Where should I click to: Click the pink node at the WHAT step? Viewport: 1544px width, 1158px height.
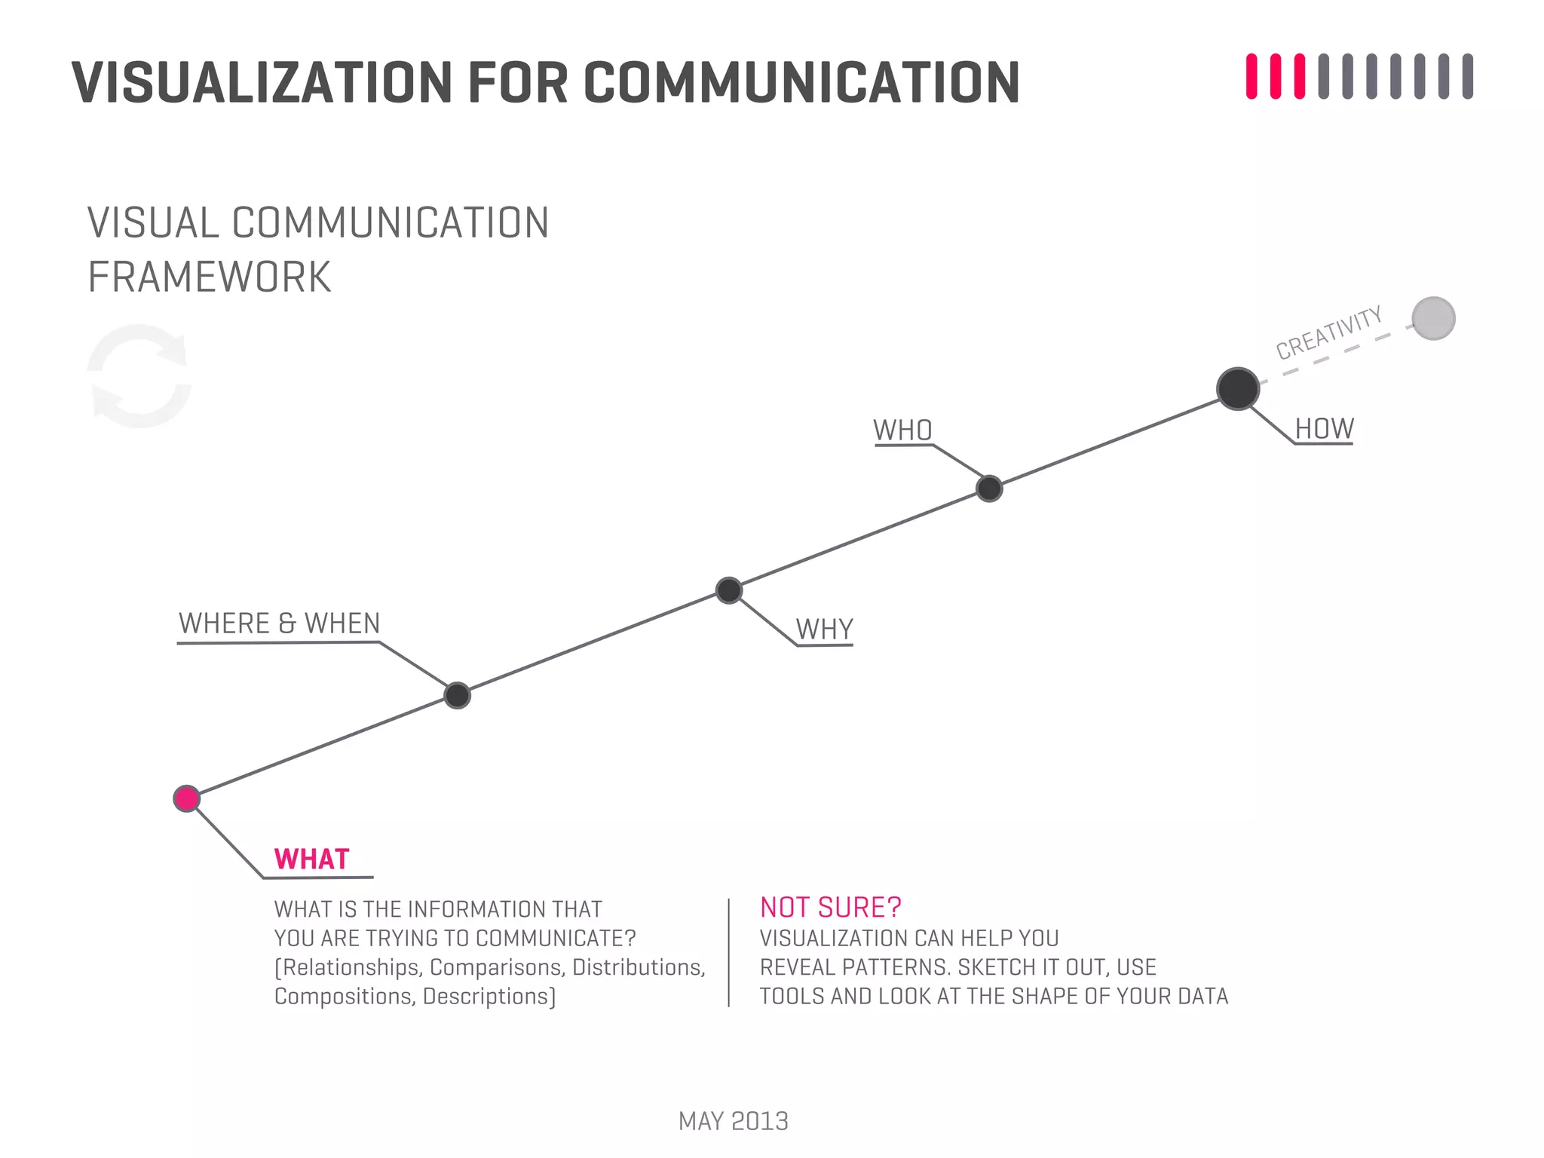click(x=186, y=798)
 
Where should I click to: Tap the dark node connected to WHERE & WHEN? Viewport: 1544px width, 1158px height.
click(x=457, y=695)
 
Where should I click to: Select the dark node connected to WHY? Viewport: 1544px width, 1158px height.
click(x=728, y=590)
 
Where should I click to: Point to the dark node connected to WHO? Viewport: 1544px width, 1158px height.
click(x=989, y=489)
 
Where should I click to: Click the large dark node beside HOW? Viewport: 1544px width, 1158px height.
click(x=1237, y=389)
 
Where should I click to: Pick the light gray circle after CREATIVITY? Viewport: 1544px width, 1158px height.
click(x=1433, y=319)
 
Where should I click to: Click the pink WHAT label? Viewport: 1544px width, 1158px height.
click(x=311, y=859)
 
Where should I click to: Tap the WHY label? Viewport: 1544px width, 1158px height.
click(x=824, y=630)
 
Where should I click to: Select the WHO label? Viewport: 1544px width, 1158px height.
click(x=902, y=430)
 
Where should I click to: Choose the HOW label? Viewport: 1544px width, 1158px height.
click(x=1324, y=429)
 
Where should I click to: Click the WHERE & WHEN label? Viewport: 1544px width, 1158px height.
click(x=279, y=623)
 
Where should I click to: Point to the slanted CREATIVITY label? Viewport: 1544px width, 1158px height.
click(x=1328, y=332)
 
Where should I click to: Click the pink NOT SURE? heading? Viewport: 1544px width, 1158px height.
click(x=830, y=908)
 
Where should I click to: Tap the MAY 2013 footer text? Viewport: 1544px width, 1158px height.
click(x=733, y=1121)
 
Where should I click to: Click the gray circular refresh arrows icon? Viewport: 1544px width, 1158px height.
click(x=139, y=376)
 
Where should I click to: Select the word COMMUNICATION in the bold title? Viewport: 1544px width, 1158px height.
click(x=801, y=82)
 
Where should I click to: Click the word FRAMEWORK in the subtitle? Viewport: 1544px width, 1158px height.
click(x=210, y=277)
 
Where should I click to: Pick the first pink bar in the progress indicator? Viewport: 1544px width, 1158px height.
click(x=1251, y=76)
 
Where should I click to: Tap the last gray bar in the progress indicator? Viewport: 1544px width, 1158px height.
click(x=1467, y=76)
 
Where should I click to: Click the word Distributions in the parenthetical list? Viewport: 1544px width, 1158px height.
click(x=639, y=967)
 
